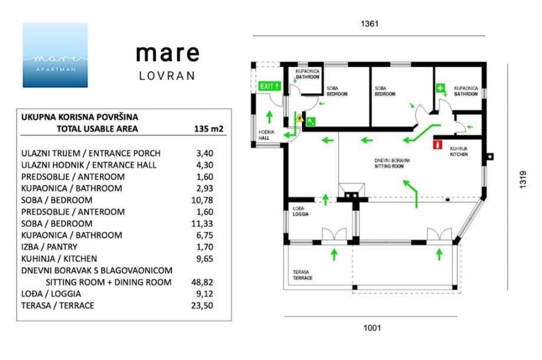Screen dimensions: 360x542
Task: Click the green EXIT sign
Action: coord(270,86)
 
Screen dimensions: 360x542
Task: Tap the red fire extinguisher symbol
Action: coord(437,144)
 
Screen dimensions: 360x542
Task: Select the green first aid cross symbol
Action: coord(440,88)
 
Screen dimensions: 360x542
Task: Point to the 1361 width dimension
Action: coord(369,24)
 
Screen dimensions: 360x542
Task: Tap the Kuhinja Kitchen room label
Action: coord(460,151)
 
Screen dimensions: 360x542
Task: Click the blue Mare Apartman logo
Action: coord(55,55)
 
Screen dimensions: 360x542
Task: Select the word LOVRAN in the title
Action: coord(167,76)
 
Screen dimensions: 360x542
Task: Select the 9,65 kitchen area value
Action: coord(204,259)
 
